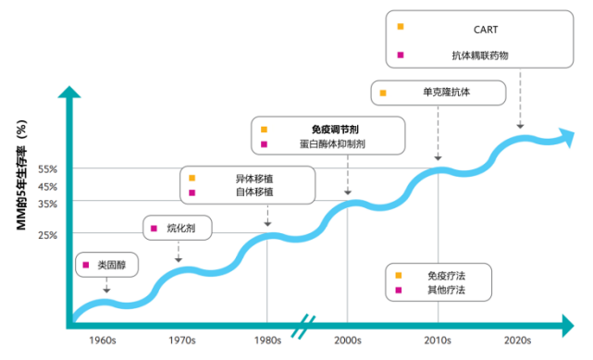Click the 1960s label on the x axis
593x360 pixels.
(x=103, y=341)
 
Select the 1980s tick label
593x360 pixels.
(x=267, y=341)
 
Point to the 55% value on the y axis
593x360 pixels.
(x=48, y=169)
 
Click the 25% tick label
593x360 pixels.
(x=48, y=235)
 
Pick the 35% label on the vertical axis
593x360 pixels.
(x=48, y=204)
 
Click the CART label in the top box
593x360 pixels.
(x=486, y=29)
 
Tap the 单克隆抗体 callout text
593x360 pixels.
(x=447, y=93)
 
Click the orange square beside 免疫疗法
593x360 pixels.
(x=400, y=275)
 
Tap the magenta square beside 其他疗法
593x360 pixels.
(x=400, y=291)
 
